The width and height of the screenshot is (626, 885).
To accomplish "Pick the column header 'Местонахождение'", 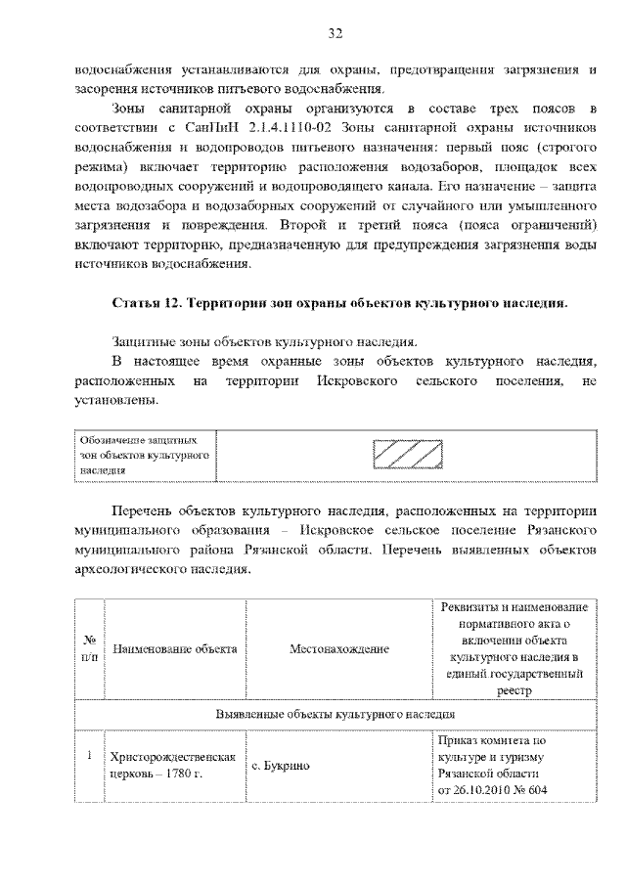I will point(338,648).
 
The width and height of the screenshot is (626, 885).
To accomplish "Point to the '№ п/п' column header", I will point(88,648).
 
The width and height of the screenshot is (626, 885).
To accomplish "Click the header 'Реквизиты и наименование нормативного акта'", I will point(514,648).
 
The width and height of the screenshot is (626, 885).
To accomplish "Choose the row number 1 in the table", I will point(88,756).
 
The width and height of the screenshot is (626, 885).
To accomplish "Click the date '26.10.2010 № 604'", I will point(498,790).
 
